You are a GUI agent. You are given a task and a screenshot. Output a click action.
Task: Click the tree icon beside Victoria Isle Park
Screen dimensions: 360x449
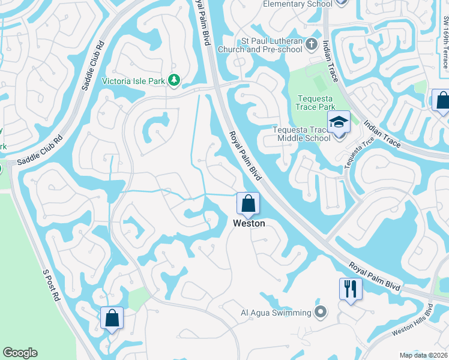pos(174,80)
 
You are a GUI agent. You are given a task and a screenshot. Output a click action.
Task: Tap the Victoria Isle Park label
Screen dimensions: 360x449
pos(134,80)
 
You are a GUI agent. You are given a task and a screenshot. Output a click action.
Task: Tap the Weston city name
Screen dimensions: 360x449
pos(249,223)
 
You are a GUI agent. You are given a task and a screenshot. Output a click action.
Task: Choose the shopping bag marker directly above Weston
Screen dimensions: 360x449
pos(248,204)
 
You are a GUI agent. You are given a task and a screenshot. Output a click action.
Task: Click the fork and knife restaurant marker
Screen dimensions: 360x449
pos(350,289)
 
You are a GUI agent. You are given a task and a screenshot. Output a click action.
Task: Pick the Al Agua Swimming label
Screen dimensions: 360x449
pos(276,313)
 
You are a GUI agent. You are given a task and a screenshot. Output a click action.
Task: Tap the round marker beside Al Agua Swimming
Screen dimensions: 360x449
pos(320,312)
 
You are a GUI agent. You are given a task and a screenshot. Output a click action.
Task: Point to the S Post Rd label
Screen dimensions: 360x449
pos(52,286)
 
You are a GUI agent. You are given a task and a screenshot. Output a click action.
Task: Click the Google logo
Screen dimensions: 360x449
pos(20,353)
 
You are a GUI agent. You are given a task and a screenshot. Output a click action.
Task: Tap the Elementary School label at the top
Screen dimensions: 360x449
pos(298,4)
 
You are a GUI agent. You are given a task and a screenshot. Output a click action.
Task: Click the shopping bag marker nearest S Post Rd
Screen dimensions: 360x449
pos(112,318)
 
